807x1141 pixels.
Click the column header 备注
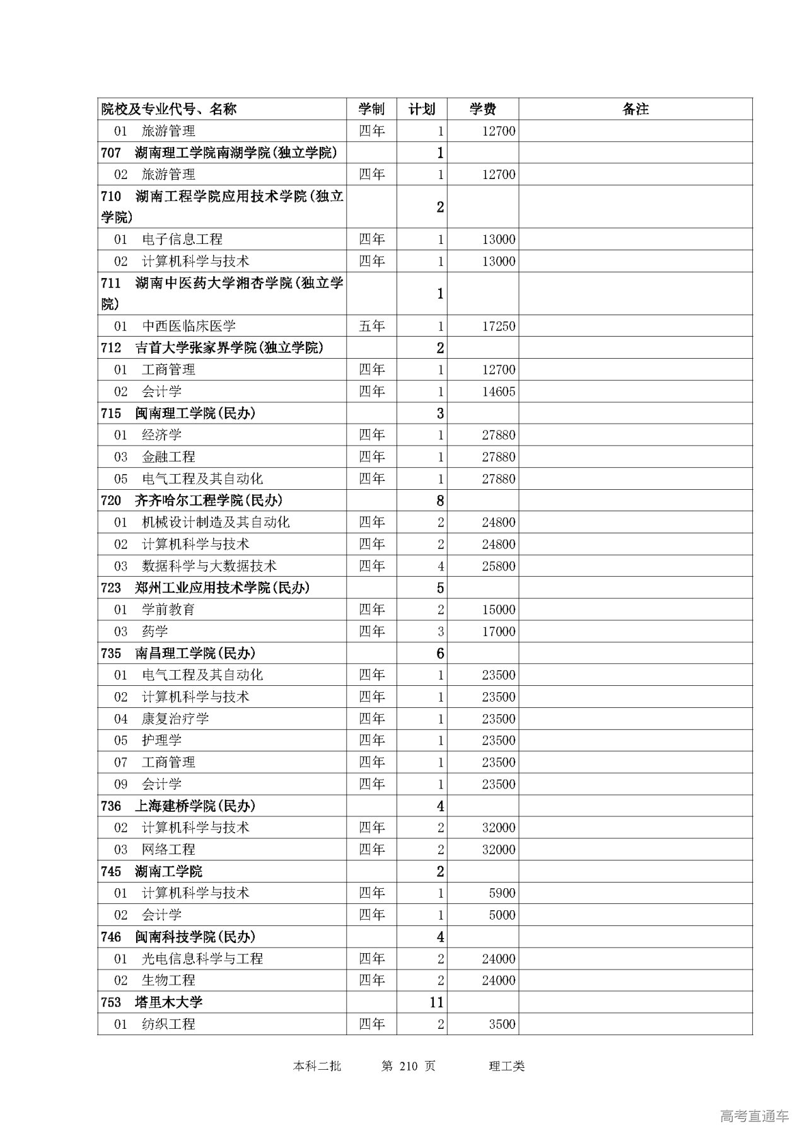[635, 109]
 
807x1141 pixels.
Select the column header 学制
[371, 109]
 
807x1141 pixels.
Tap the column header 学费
[482, 109]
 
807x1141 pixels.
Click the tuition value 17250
[498, 326]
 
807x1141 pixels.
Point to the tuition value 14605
[498, 391]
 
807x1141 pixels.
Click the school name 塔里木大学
[168, 1002]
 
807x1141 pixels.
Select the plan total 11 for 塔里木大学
[436, 1002]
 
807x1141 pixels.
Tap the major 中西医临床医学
[189, 326]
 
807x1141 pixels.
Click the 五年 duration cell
[371, 326]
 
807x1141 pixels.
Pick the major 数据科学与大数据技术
[209, 566]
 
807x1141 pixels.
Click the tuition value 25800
[498, 566]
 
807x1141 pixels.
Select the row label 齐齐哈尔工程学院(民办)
[208, 501]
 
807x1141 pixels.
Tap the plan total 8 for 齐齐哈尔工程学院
[440, 501]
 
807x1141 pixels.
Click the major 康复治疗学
[175, 719]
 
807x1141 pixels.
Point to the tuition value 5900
[502, 893]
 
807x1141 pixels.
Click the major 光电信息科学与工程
[202, 958]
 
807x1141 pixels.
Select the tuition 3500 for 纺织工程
[502, 1024]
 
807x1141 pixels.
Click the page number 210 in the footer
[409, 1066]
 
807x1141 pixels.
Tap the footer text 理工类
[506, 1066]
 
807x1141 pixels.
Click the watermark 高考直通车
[754, 1116]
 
